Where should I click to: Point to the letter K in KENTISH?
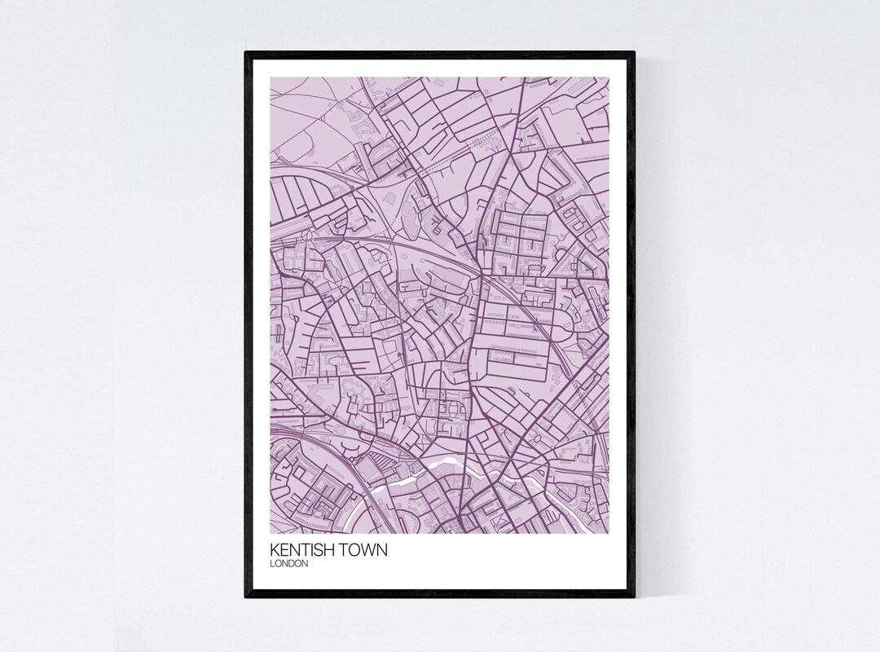click(x=273, y=551)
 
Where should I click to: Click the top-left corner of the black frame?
click(x=245, y=52)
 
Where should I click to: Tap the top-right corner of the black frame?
click(x=634, y=52)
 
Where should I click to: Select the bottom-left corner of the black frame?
click(x=245, y=598)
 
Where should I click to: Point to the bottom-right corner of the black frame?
click(x=634, y=598)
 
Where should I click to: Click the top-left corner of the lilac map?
click(x=270, y=77)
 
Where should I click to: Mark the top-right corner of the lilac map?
click(x=609, y=77)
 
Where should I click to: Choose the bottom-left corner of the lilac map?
click(x=270, y=533)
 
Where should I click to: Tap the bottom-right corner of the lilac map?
click(x=609, y=533)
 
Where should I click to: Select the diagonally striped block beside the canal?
click(x=383, y=465)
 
